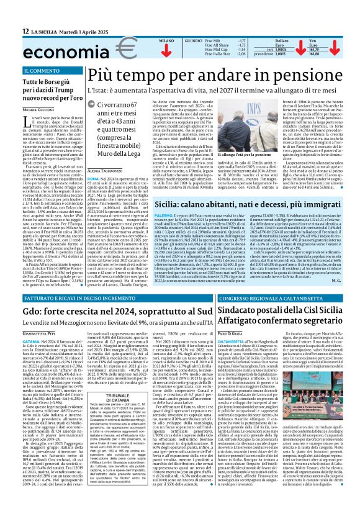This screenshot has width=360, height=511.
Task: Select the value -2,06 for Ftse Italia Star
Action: (x=242, y=55)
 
